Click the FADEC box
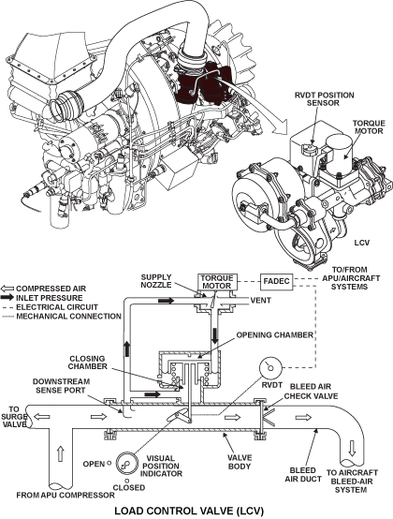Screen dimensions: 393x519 277,282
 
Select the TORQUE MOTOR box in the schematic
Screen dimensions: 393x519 216,282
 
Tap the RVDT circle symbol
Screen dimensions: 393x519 270,367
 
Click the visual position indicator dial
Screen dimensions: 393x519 126,464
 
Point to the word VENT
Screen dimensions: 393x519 261,301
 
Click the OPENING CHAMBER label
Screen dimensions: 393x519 275,335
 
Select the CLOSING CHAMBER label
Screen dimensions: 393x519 88,363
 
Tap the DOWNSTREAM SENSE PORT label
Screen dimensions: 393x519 61,386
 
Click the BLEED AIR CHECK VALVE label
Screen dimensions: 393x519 311,392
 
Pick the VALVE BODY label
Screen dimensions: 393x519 240,462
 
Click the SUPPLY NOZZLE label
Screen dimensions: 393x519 156,281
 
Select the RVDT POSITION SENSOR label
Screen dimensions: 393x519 325,99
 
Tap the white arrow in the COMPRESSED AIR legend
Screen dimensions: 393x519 7,289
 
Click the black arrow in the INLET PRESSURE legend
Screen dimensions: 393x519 7,298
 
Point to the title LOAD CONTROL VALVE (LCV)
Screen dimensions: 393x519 189,512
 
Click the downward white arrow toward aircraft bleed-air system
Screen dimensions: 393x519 353,449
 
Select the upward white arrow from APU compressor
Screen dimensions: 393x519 60,453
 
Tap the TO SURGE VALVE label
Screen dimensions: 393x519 14,418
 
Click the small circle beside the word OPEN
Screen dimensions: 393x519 109,464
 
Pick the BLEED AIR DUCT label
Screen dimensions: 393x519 303,475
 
